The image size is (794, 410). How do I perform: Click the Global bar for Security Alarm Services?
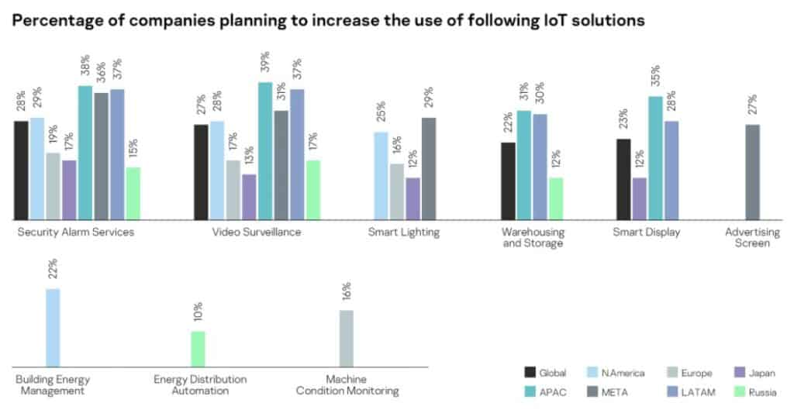pos(21,171)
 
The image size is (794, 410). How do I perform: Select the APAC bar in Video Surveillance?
pos(265,151)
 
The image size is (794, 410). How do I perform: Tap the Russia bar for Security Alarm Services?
pos(133,193)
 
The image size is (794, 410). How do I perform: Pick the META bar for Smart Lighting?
pos(428,169)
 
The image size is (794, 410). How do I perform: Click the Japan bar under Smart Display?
pos(640,199)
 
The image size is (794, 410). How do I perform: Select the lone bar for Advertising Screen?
pos(752,172)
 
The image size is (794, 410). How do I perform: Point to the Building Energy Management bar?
pos(53,328)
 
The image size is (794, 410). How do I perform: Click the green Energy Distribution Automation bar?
pos(198,350)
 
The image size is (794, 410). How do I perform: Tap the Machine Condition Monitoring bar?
pos(347,339)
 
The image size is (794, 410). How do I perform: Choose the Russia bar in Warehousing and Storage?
pos(556,199)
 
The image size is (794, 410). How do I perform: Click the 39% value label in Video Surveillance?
pos(265,62)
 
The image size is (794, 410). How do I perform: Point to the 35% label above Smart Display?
pos(655,76)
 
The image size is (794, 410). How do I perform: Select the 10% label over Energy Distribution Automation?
pos(198,312)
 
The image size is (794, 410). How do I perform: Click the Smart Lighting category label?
pos(403,233)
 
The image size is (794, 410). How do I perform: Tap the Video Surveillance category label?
pos(256,233)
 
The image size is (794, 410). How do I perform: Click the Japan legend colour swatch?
pos(739,373)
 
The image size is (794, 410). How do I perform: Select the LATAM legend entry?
pos(689,391)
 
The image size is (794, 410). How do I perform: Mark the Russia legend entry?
pos(754,391)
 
